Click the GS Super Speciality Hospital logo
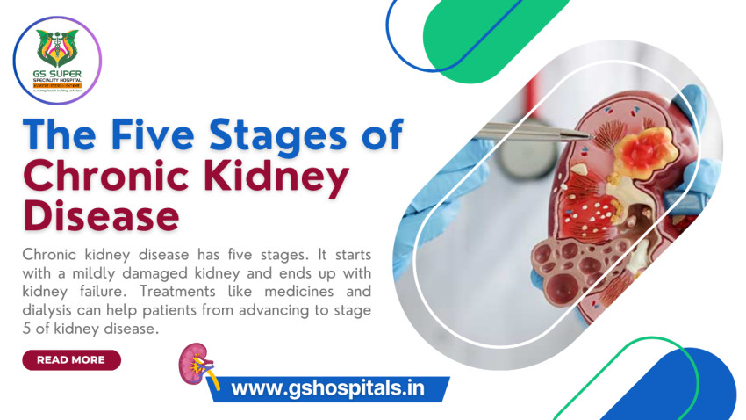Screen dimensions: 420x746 [x=57, y=61]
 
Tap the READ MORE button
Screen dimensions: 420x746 [x=71, y=359]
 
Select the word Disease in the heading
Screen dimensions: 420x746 [x=101, y=215]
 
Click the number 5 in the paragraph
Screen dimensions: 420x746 [x=26, y=329]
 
